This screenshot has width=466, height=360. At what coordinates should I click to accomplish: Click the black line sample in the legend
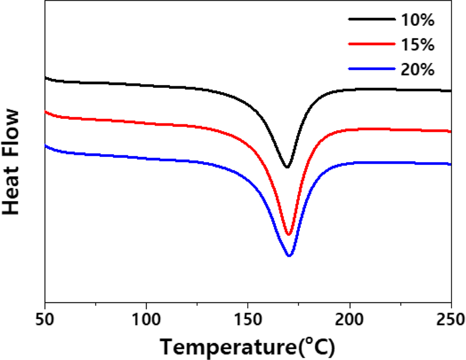tap(371, 19)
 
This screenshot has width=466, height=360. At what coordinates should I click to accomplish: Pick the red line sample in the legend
tap(371, 44)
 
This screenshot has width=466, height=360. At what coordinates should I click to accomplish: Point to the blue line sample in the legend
tap(371, 69)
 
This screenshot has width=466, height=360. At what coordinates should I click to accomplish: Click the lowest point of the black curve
tap(287, 167)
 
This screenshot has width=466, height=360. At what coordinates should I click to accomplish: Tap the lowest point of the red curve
tap(288, 234)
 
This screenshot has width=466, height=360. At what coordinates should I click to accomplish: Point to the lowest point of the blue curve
tap(289, 256)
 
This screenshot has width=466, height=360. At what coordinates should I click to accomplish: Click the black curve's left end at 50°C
tap(46, 78)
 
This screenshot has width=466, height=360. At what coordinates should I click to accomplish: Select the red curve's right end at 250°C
tap(451, 131)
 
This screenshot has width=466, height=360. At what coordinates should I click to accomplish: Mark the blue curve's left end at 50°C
tap(46, 146)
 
